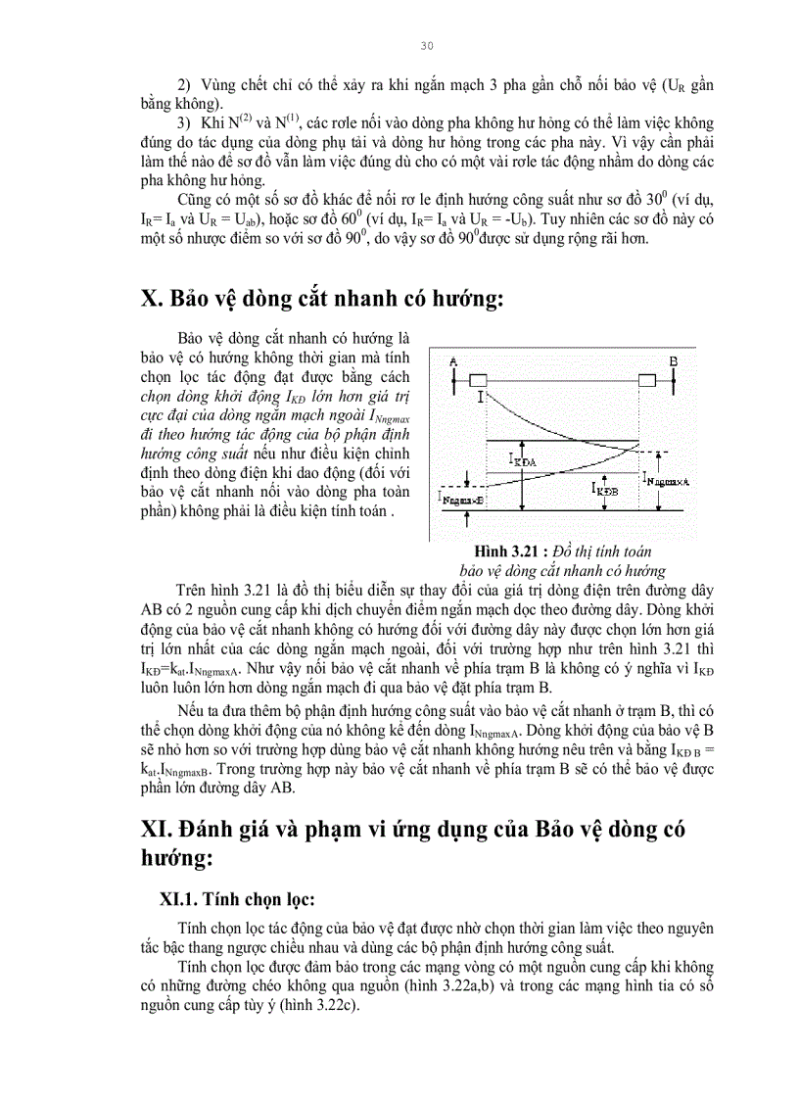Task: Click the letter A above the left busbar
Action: click(453, 361)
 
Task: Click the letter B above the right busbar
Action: click(673, 361)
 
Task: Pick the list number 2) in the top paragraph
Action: click(183, 85)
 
